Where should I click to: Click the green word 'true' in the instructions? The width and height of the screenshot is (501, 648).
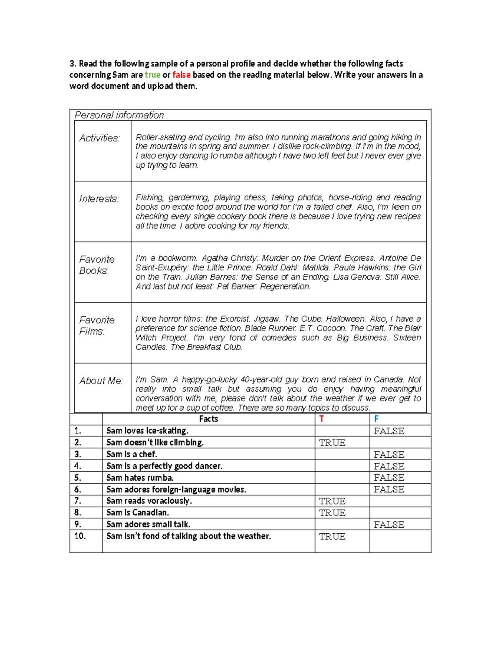click(x=152, y=75)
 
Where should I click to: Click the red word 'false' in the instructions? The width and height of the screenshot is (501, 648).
click(x=181, y=75)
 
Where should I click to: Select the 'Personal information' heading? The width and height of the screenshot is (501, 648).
click(x=119, y=115)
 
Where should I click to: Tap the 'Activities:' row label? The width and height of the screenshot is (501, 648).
click(x=99, y=138)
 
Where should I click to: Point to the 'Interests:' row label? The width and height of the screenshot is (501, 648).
click(x=99, y=199)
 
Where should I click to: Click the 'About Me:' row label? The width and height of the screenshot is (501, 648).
click(x=101, y=381)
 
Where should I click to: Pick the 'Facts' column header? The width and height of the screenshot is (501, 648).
click(x=208, y=419)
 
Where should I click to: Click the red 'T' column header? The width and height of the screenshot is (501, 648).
click(x=321, y=419)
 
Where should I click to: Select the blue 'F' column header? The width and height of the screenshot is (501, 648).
click(x=376, y=419)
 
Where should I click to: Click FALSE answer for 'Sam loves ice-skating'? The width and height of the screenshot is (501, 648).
click(x=389, y=431)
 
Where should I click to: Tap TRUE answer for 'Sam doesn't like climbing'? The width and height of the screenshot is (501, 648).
click(x=332, y=443)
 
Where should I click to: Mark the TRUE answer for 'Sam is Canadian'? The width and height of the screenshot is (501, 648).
click(x=332, y=513)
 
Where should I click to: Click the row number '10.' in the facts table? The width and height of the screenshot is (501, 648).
click(x=80, y=536)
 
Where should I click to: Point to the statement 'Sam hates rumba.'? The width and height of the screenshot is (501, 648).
click(x=140, y=478)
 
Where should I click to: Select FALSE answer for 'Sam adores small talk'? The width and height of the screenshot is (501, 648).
click(x=389, y=524)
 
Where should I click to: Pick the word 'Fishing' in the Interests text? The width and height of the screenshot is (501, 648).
click(x=149, y=198)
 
